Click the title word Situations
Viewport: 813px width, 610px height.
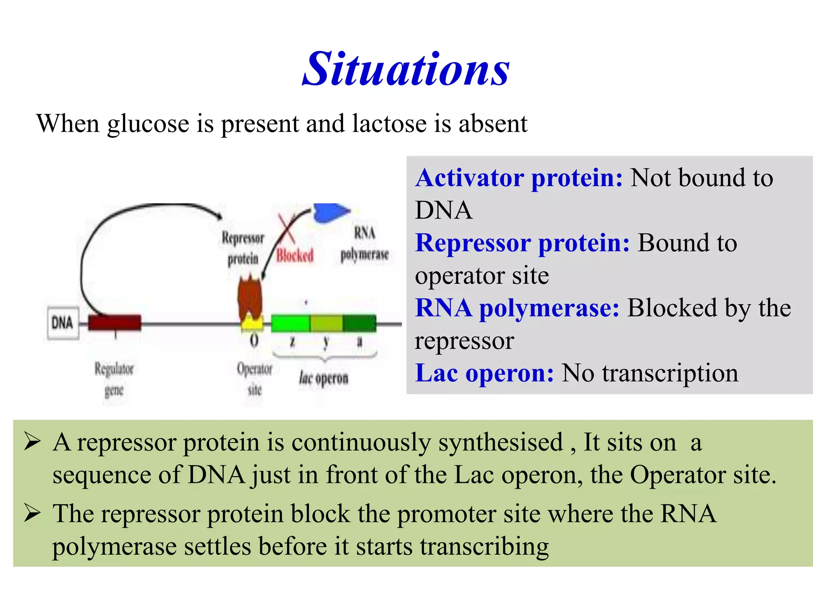(406, 69)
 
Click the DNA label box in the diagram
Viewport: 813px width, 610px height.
(63, 322)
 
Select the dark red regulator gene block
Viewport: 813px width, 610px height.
(114, 322)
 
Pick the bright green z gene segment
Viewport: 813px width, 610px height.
(290, 323)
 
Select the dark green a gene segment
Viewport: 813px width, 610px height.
(359, 323)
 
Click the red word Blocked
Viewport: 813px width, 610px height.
(295, 255)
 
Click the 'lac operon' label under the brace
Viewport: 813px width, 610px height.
(324, 378)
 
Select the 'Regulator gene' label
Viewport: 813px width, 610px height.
(114, 379)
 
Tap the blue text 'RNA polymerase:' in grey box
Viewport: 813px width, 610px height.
(517, 308)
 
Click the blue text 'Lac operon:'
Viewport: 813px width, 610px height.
(484, 373)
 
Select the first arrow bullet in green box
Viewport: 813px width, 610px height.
(32, 442)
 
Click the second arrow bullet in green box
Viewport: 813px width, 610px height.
(32, 513)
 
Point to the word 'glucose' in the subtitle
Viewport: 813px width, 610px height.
(148, 124)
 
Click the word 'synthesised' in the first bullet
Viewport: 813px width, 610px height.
(501, 442)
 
